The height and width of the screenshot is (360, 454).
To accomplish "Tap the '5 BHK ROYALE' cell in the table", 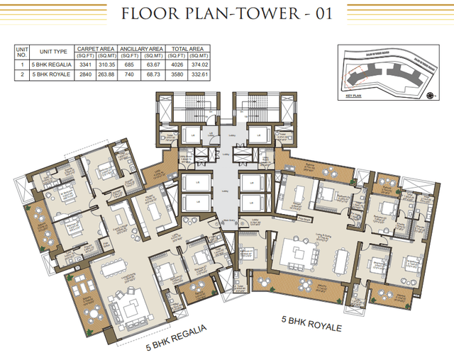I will [x=52, y=74].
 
